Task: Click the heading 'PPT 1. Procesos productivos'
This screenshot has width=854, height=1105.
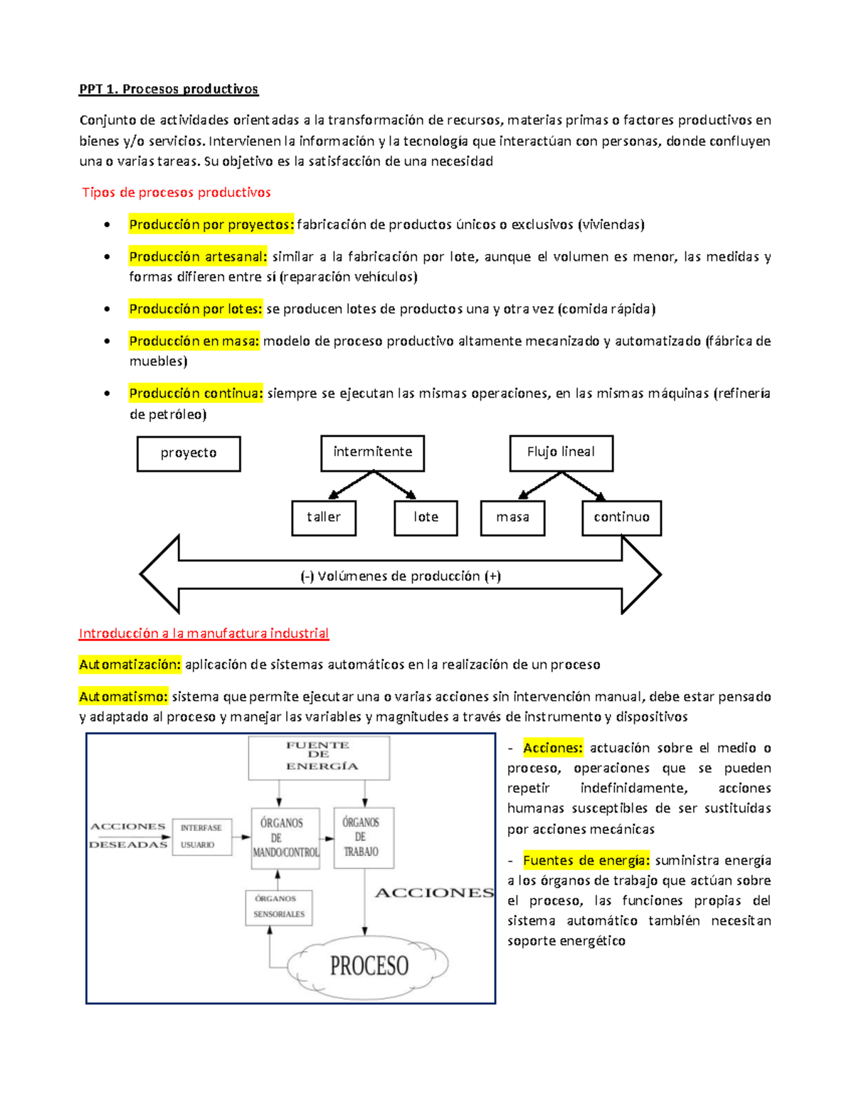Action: coord(169,89)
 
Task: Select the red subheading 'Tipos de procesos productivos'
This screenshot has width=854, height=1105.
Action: coord(176,192)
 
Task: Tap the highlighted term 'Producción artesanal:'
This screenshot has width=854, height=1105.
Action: coord(198,256)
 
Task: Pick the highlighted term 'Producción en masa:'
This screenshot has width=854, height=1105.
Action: coord(194,341)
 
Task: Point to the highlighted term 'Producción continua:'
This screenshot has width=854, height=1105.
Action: coord(196,393)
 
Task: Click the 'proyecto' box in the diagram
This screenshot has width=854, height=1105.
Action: coord(189,453)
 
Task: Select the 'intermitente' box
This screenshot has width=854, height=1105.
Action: coord(373,453)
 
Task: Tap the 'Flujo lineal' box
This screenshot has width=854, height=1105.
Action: coord(561,453)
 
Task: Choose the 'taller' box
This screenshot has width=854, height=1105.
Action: coord(324,517)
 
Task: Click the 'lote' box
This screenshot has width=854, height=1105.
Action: coord(426,517)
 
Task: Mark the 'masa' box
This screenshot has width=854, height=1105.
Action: coord(512,517)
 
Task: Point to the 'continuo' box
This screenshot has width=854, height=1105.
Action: coord(621,517)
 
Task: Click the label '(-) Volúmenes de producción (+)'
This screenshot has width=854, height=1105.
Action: coord(401,576)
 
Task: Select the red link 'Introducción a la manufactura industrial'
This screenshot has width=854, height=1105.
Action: coord(204,633)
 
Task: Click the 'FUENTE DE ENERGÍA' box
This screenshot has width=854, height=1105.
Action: coord(319,757)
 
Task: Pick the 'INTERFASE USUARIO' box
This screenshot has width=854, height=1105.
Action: coord(202,836)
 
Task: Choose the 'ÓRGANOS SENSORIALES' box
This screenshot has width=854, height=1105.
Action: coord(279,906)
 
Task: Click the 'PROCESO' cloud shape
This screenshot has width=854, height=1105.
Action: coord(369,965)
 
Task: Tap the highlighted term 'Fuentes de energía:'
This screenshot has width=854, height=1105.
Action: coord(586,860)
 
